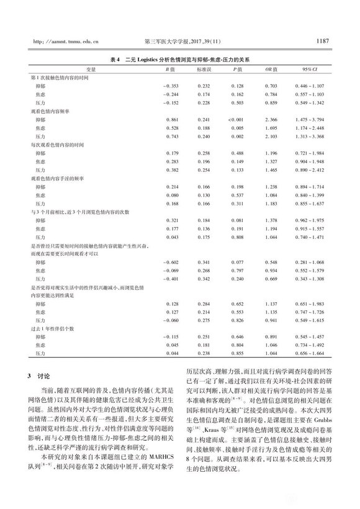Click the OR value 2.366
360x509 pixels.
271,118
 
